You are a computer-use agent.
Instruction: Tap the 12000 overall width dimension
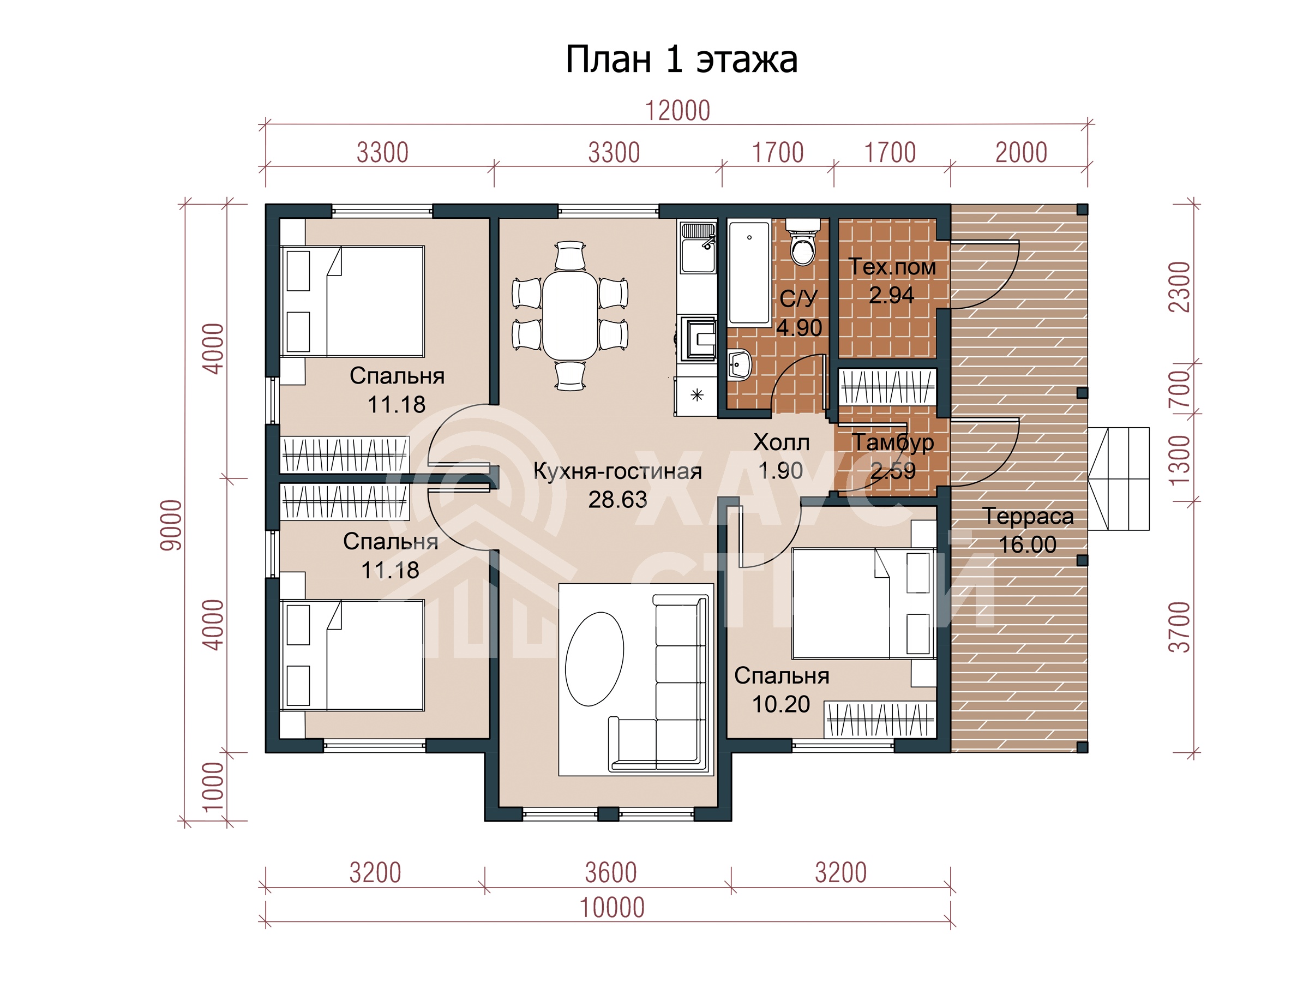tap(677, 111)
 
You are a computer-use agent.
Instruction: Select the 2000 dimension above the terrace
tap(1021, 153)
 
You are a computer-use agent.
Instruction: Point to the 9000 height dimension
tap(171, 525)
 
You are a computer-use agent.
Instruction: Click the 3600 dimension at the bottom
tap(611, 872)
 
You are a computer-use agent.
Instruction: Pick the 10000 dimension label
tap(612, 907)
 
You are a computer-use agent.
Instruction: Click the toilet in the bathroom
tap(803, 242)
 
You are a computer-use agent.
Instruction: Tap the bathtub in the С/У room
tap(749, 272)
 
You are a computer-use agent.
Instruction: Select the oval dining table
tap(570, 315)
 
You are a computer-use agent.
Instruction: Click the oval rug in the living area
tap(594, 659)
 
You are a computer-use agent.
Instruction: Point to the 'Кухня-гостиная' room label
tap(618, 471)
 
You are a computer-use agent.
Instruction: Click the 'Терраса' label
tap(1028, 516)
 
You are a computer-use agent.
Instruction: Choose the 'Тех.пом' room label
tap(892, 267)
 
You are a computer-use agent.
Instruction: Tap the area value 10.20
tap(780, 704)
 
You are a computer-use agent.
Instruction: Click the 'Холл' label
tap(781, 442)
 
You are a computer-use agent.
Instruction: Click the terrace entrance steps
tap(1119, 479)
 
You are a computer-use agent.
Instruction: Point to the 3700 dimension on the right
tap(1179, 627)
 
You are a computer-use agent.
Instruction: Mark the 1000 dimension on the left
tap(213, 787)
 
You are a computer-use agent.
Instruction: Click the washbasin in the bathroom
tap(739, 363)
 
